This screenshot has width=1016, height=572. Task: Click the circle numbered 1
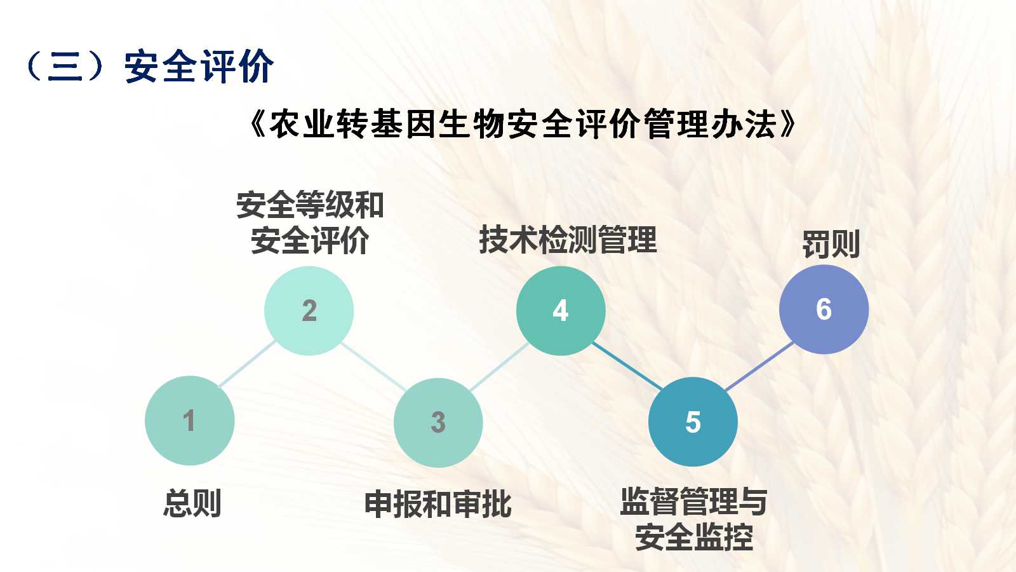click(190, 420)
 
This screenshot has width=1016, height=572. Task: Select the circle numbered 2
click(309, 311)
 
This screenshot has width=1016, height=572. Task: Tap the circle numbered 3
click(438, 423)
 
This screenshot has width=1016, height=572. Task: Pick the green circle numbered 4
click(561, 311)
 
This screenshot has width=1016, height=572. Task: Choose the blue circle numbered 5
click(693, 422)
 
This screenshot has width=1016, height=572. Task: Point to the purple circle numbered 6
click(824, 309)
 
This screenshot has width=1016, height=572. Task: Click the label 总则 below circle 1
click(192, 503)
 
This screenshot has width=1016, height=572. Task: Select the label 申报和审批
click(438, 504)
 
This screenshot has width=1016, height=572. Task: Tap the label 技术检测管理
click(568, 240)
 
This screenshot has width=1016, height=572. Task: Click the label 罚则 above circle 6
click(831, 244)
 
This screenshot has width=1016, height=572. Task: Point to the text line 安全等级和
click(311, 205)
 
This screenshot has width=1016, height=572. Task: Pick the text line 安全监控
click(694, 537)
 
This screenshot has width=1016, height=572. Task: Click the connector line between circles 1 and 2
click(247, 365)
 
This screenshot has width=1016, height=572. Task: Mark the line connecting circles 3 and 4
click(499, 367)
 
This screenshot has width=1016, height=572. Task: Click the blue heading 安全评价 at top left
click(199, 66)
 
